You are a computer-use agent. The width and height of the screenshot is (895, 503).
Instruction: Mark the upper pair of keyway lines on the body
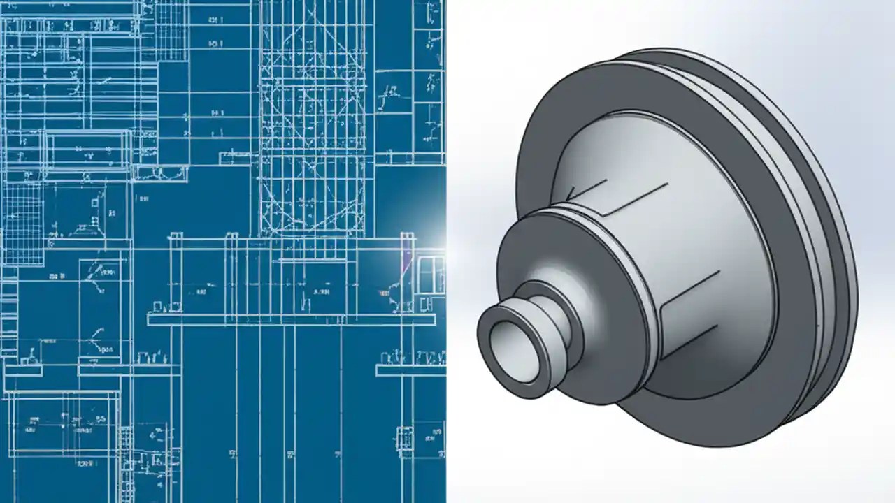(x=594, y=196)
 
